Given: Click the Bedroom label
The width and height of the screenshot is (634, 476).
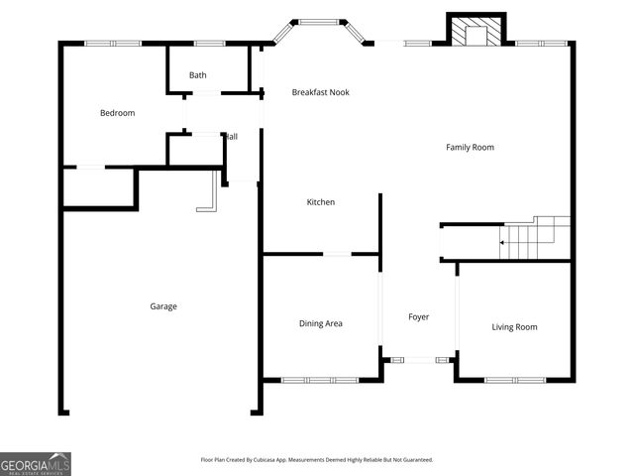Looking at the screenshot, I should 117,113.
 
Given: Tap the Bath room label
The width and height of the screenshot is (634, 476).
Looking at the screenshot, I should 198,75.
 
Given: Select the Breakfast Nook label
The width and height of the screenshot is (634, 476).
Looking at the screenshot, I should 320,92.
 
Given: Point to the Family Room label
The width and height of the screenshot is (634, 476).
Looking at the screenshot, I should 470,148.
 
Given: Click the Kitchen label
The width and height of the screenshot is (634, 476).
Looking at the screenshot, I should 320,202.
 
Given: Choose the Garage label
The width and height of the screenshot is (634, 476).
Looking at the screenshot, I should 163,306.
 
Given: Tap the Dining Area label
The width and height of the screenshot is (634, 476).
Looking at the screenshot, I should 320,323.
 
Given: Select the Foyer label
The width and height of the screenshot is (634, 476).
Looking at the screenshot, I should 419,317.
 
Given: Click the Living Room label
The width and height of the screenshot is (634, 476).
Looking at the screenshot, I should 514,327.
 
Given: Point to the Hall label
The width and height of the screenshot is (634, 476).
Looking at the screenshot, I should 231,137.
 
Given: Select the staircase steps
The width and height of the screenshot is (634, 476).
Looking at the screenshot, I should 539,238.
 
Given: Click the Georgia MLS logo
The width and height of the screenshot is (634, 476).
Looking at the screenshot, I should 36,464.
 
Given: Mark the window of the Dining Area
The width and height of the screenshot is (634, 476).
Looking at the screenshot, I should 319,380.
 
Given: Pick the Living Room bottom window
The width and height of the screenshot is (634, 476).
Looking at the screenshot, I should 514,380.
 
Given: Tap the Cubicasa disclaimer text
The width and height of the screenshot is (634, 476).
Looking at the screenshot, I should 317,460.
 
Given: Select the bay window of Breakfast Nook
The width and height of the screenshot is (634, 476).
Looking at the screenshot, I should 318,23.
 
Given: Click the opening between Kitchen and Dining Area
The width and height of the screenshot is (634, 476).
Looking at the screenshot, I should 338,254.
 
